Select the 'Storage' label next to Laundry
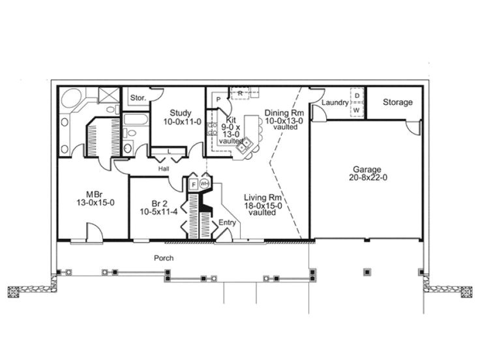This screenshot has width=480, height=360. (x=397, y=102)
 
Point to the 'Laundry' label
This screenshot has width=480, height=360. (x=335, y=103)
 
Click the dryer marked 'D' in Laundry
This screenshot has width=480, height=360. (x=357, y=95)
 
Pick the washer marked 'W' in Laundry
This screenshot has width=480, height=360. (x=357, y=110)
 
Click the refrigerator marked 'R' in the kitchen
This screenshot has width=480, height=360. (x=240, y=93)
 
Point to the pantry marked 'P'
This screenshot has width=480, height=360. (x=219, y=100)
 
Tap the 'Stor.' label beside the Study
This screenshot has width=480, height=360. (x=137, y=98)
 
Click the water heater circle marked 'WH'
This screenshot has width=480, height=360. (x=204, y=184)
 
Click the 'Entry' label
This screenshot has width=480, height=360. (x=227, y=222)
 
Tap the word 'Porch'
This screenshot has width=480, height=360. (x=163, y=258)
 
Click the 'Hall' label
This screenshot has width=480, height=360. (x=164, y=168)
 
